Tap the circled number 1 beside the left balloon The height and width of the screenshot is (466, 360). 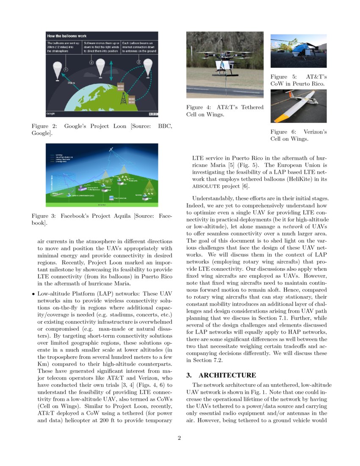[66, 69]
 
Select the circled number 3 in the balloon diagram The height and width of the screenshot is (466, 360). [138, 62]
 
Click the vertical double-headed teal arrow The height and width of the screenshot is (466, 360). [111, 71]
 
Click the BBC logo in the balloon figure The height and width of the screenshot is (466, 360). [153, 114]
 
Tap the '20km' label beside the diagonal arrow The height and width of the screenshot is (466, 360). [71, 83]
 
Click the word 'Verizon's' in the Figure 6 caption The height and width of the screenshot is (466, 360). [315, 132]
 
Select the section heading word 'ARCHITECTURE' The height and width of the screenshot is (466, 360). [227, 375]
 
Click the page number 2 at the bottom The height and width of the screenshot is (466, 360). [180, 438]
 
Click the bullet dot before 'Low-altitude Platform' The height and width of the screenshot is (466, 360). [33, 293]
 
